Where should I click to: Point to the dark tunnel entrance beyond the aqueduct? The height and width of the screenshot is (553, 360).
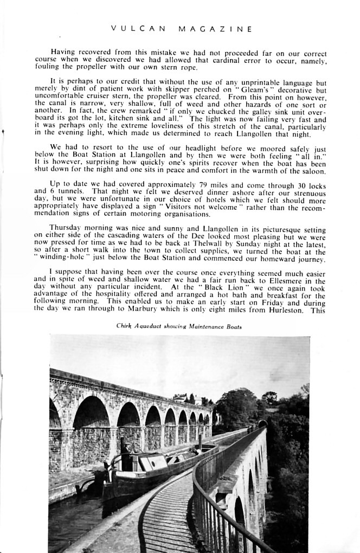point(262,423)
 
